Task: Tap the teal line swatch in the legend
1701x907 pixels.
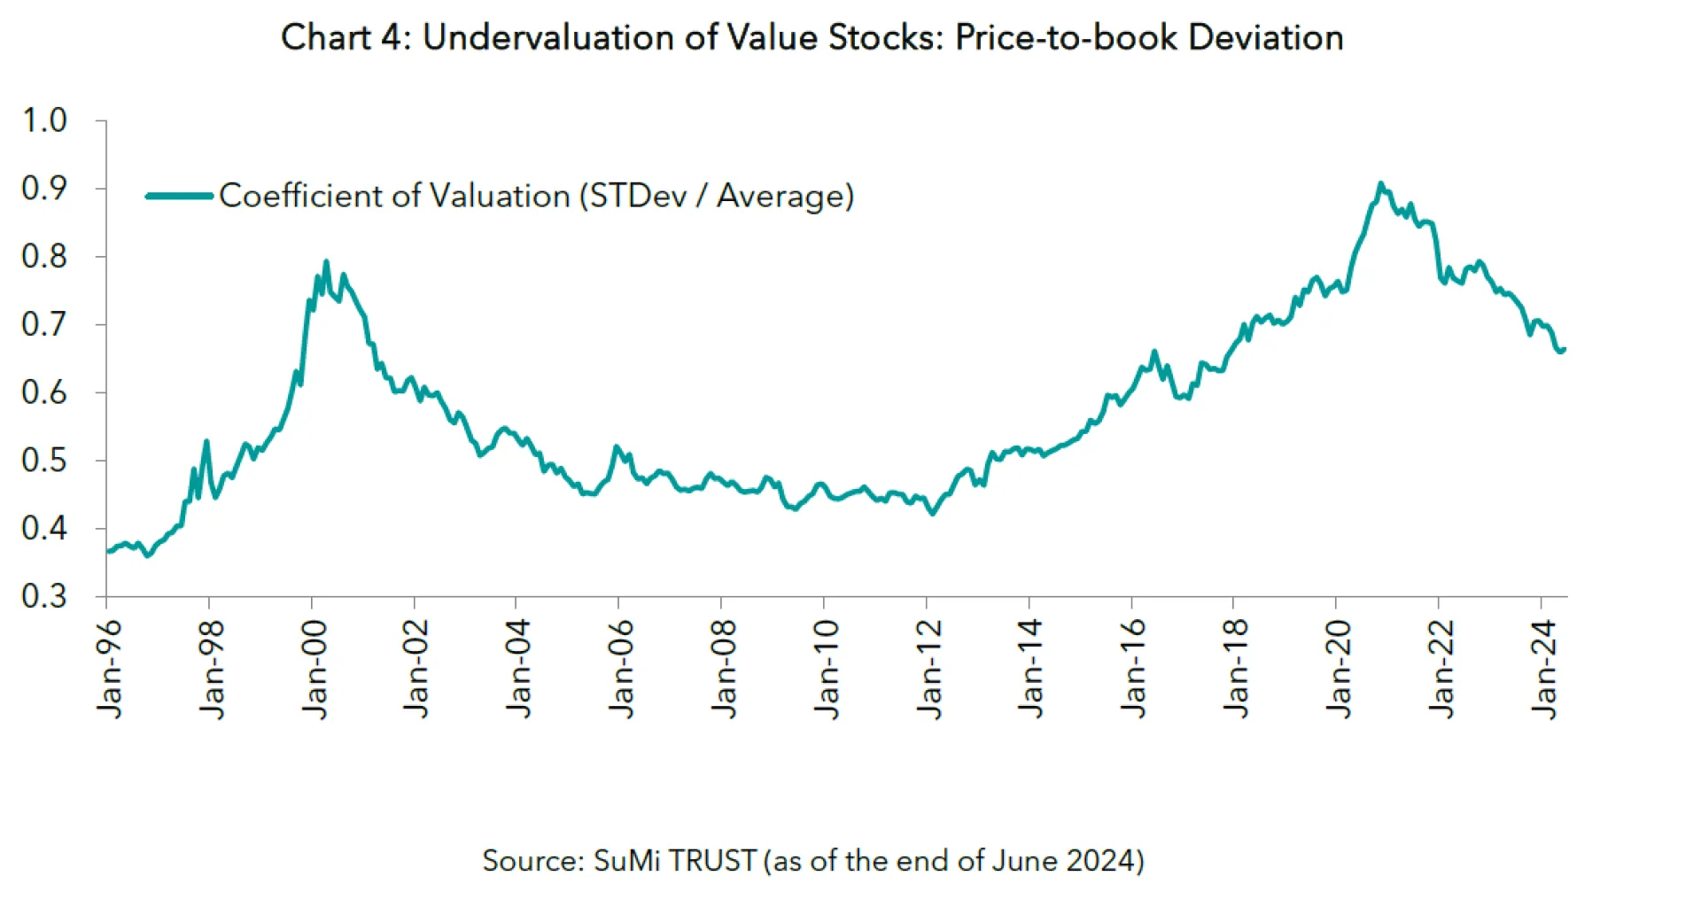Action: pyautogui.click(x=180, y=196)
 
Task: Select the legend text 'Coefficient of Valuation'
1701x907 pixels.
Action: pyautogui.click(x=394, y=196)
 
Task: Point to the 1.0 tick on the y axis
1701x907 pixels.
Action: pyautogui.click(x=44, y=120)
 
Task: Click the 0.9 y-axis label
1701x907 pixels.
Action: pyautogui.click(x=44, y=189)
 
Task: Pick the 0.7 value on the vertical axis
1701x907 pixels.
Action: pyautogui.click(x=44, y=324)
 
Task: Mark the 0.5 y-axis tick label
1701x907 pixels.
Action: pyautogui.click(x=44, y=461)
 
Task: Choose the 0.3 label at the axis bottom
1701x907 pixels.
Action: pyautogui.click(x=44, y=596)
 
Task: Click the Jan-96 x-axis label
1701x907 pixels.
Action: pyautogui.click(x=110, y=669)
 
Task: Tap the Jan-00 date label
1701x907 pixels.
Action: pyautogui.click(x=315, y=669)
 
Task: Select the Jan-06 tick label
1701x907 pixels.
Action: pyautogui.click(x=622, y=669)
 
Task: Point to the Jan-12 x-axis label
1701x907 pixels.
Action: pyautogui.click(x=929, y=669)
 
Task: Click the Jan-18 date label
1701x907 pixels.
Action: pyautogui.click(x=1236, y=669)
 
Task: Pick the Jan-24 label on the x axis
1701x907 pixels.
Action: pyautogui.click(x=1544, y=669)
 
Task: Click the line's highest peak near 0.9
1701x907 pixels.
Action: pyautogui.click(x=1380, y=183)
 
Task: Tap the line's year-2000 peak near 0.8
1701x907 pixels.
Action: pyautogui.click(x=326, y=261)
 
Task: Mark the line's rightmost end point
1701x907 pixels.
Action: pyautogui.click(x=1565, y=349)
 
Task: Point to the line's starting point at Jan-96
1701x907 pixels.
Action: pyautogui.click(x=108, y=551)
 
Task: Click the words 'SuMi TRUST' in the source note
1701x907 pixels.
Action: pyautogui.click(x=674, y=861)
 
